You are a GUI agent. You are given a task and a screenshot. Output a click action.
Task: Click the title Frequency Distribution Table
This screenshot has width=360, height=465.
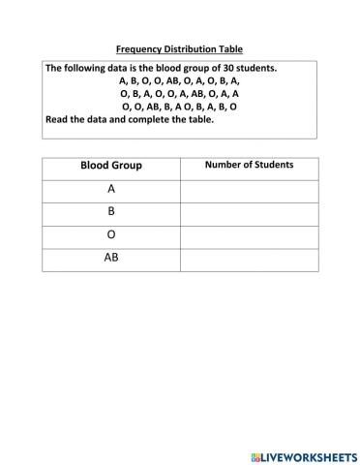179,48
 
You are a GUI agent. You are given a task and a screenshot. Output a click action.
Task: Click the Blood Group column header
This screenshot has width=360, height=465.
111,166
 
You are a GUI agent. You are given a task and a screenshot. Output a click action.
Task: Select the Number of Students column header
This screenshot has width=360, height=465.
249,166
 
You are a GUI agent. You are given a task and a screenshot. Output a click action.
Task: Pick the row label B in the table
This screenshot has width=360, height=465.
111,212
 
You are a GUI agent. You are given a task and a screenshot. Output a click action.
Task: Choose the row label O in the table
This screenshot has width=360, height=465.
111,235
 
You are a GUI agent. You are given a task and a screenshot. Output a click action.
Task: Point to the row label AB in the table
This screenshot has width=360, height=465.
111,259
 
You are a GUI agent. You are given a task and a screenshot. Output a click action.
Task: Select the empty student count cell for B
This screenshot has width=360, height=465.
249,212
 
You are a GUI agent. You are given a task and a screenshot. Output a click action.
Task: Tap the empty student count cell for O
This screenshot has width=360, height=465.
249,235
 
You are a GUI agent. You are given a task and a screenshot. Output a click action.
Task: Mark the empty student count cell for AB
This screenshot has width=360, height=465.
249,259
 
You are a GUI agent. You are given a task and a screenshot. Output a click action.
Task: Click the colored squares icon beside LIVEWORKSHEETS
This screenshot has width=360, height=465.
255,453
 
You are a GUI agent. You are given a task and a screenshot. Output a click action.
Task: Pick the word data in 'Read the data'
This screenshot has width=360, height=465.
101,120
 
